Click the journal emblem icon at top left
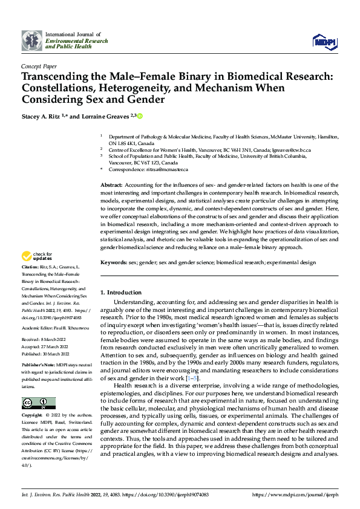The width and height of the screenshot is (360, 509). pyautogui.click(x=32, y=41)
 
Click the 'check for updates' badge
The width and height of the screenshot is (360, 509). pyautogui.click(x=38, y=273)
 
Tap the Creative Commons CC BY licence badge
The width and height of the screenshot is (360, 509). pyautogui.click(x=38, y=403)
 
